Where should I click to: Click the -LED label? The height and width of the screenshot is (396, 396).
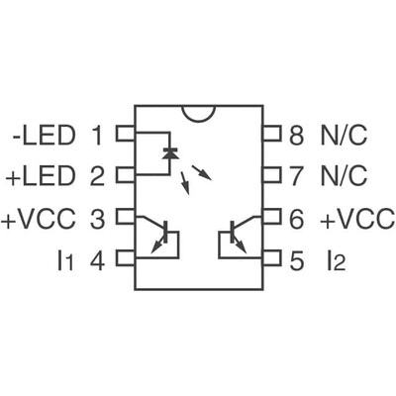click(x=44, y=134)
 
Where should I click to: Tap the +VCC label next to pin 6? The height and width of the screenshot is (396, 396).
click(x=357, y=218)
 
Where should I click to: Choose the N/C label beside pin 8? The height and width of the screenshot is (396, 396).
click(x=343, y=134)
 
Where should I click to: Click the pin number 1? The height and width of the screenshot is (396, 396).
click(x=97, y=134)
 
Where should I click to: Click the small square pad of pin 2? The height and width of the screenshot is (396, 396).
click(x=126, y=176)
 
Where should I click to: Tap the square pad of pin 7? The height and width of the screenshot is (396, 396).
click(x=270, y=176)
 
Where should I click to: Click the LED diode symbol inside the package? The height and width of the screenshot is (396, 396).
click(x=169, y=153)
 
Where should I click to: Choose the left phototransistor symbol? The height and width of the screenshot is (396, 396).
click(x=164, y=235)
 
